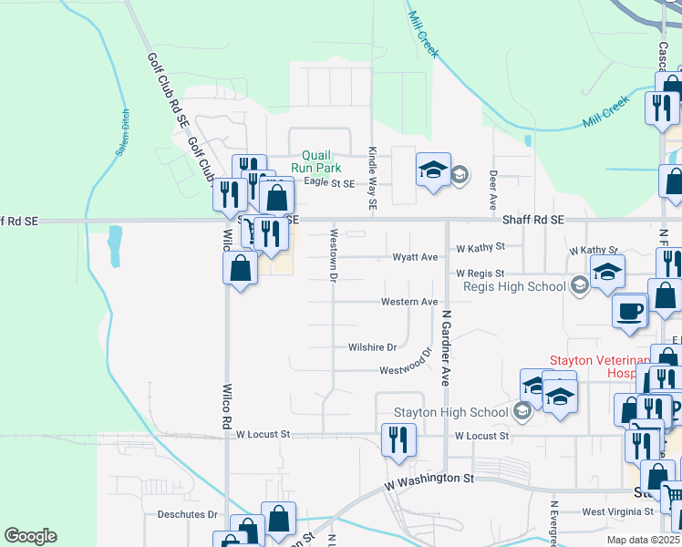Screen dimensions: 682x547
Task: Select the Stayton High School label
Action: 449,412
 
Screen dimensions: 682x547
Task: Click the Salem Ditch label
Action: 121,134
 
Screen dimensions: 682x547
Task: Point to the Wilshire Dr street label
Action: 372,347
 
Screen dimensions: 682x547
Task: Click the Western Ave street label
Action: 409,302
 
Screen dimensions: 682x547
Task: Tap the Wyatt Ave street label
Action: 415,258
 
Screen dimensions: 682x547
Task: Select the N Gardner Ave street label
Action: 446,347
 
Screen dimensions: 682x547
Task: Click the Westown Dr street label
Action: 334,254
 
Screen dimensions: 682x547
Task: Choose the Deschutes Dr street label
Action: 187,514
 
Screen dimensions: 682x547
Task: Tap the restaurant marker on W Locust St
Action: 398,439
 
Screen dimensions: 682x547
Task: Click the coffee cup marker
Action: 630,311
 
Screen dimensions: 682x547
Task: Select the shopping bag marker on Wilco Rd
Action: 240,269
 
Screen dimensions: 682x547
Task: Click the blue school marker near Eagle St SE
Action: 433,170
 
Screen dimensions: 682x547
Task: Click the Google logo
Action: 30,536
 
